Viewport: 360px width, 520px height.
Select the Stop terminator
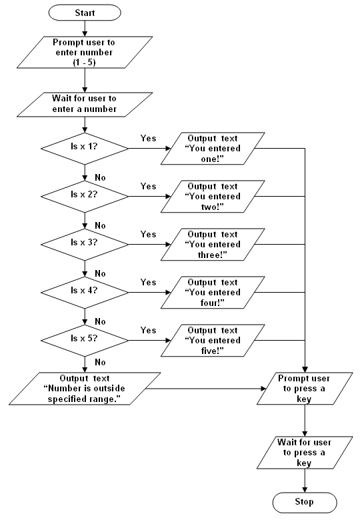click(x=304, y=501)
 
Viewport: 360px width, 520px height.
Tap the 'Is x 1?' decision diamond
click(x=84, y=147)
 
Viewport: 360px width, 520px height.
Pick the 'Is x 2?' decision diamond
click(x=84, y=195)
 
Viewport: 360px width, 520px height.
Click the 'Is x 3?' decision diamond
click(x=84, y=243)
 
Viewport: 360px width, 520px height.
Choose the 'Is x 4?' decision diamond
click(x=84, y=291)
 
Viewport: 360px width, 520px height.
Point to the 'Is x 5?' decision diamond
click(x=84, y=339)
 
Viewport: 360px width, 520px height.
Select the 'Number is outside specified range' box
click(x=84, y=387)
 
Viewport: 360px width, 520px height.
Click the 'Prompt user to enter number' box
click(x=84, y=52)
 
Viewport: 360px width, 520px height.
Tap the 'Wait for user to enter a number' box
click(x=84, y=103)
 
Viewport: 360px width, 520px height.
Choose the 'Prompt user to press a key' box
click(x=304, y=388)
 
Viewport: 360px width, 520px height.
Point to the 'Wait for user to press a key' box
click(x=304, y=452)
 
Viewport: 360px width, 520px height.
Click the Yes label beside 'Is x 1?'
click(x=148, y=138)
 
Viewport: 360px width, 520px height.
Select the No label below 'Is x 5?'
click(x=100, y=362)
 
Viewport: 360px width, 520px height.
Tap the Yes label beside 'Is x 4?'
click(x=148, y=282)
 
